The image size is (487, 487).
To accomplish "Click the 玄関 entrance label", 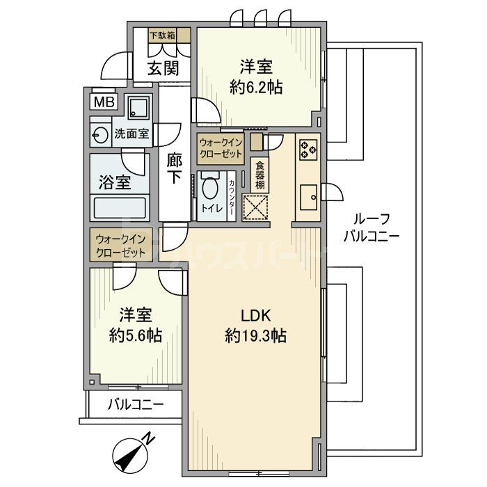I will click(x=163, y=68).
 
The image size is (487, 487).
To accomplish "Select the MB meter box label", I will click(x=104, y=103).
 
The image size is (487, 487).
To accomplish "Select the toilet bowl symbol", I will click(x=209, y=189).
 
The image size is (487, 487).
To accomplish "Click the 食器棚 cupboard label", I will click(x=259, y=175).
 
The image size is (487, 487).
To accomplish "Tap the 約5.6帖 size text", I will click(x=136, y=335).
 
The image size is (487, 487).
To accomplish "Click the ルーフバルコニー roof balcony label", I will click(x=372, y=226).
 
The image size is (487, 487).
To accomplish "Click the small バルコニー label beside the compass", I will click(x=135, y=404).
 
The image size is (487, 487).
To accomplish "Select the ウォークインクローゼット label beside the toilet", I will click(x=220, y=147).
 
